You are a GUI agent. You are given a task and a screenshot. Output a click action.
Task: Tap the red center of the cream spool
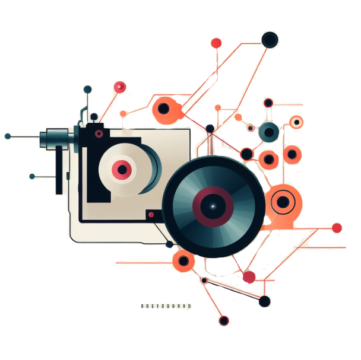[122, 170]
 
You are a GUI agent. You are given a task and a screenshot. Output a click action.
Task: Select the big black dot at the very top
[270, 40]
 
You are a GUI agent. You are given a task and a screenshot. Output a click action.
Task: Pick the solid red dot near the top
[216, 43]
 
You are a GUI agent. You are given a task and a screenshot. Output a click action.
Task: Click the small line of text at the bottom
[166, 306]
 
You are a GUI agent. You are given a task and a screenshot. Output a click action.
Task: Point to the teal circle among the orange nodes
[269, 132]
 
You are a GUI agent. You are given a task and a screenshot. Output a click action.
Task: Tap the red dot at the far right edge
[337, 228]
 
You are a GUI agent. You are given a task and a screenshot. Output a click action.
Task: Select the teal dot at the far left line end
[8, 136]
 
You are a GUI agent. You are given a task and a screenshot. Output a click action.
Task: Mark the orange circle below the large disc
[183, 260]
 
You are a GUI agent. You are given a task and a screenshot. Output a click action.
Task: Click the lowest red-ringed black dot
[223, 320]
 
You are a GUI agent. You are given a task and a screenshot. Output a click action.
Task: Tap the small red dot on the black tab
[151, 214]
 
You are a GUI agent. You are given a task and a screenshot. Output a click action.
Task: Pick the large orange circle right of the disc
[283, 203]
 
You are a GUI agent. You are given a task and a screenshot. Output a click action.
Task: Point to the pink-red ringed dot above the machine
[120, 87]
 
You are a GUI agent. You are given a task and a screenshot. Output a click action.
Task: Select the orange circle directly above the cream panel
[163, 108]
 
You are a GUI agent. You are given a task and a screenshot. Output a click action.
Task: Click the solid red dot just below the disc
[249, 276]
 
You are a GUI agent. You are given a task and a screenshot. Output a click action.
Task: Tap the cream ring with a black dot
[296, 122]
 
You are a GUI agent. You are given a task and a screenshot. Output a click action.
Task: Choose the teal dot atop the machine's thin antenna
[88, 90]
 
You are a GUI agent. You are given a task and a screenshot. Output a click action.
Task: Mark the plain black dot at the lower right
[265, 301]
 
